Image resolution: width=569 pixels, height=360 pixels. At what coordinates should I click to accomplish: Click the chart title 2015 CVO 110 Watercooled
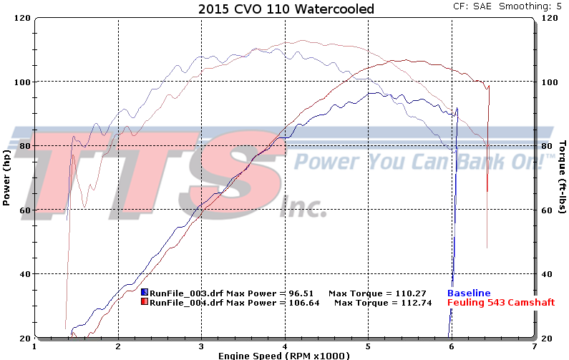point(283,9)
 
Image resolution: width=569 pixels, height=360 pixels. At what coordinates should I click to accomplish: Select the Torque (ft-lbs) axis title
point(563,176)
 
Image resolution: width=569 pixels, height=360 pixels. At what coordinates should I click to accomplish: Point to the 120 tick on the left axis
point(21,17)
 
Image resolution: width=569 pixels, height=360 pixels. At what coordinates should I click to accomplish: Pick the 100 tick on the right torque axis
point(549,82)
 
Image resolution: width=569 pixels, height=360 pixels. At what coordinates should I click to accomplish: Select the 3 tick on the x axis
point(201,346)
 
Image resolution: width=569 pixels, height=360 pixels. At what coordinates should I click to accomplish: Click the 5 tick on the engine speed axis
point(368,346)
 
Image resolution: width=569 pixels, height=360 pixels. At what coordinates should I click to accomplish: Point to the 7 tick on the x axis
point(534,346)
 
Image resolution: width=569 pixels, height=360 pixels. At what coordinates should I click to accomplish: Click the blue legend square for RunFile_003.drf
point(145,293)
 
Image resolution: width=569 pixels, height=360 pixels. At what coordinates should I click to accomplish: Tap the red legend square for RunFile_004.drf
point(145,302)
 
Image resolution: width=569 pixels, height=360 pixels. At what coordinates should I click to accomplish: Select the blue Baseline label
point(469,293)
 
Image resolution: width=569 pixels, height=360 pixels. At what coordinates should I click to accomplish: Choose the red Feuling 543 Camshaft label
point(500,302)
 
